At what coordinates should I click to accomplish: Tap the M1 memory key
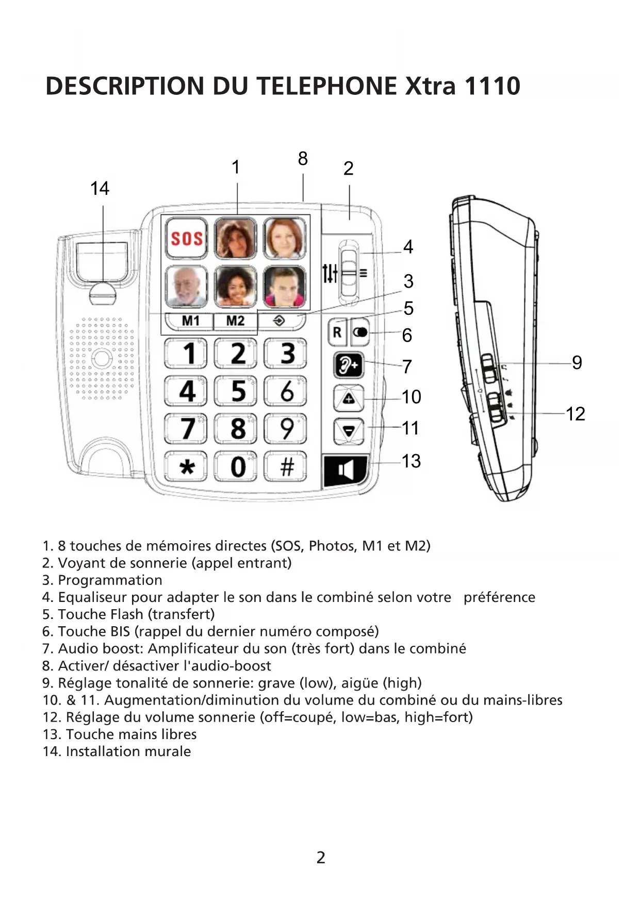click(190, 321)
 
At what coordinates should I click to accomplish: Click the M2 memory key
click(235, 321)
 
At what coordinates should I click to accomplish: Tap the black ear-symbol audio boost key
click(349, 366)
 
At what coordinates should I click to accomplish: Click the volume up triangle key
click(349, 398)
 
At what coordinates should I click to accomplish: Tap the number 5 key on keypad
click(236, 391)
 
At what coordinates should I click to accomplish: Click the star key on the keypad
click(186, 467)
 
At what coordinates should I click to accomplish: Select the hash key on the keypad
click(286, 467)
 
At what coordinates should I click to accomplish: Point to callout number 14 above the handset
click(100, 189)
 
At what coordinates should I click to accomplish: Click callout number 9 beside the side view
click(577, 363)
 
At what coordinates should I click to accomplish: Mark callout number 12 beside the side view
click(576, 414)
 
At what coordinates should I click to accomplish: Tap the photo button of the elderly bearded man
click(186, 287)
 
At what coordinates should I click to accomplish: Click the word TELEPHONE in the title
click(327, 86)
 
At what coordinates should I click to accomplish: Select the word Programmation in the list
click(110, 580)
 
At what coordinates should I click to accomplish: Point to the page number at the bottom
click(321, 858)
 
